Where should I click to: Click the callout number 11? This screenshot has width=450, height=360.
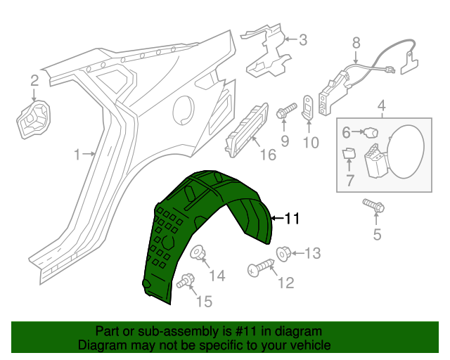[x=292, y=219]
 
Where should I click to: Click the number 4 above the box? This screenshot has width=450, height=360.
[x=382, y=107]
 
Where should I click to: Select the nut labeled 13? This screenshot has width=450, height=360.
[x=283, y=252]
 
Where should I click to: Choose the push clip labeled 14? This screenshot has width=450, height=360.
[x=198, y=252]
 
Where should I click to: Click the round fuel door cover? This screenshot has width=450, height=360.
[x=404, y=150]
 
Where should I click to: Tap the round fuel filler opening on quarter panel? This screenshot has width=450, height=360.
[x=184, y=109]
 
